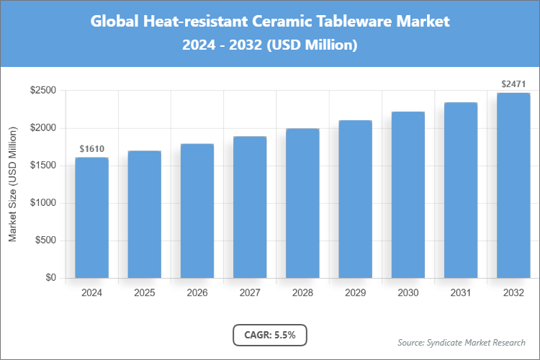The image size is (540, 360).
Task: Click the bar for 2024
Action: point(91,217)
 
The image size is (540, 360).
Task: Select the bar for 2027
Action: point(250,207)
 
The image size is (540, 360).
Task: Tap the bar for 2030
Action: point(408,195)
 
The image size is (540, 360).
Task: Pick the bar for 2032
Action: point(513,185)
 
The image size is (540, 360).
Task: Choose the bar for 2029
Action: point(355,199)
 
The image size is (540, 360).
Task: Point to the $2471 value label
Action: point(513,84)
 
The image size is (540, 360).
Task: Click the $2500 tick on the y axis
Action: point(43,91)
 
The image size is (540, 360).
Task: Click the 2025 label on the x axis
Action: point(144,293)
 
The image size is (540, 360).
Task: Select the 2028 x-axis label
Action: point(302,293)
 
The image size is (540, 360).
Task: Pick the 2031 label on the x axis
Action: point(461,293)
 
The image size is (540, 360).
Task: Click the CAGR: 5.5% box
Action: point(270,335)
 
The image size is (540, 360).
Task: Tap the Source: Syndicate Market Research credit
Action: point(461,342)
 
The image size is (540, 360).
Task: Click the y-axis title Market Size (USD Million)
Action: point(13,185)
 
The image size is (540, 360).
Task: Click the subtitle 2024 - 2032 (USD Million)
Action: point(270,45)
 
